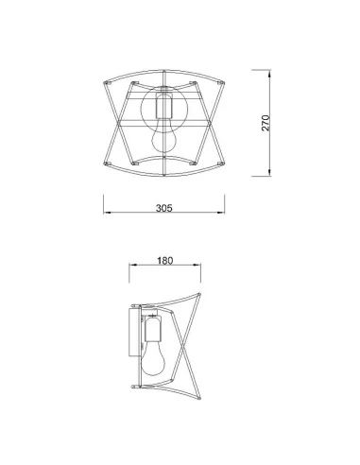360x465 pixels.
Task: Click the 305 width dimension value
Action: [x=164, y=208]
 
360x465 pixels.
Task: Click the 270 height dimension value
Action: [x=266, y=123]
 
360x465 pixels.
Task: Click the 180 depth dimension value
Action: [x=165, y=261]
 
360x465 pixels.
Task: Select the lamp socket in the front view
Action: [x=164, y=106]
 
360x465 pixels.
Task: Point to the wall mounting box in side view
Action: [x=134, y=333]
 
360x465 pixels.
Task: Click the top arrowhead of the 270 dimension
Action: [x=269, y=74]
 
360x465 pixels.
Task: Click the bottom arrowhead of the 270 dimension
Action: [x=269, y=173]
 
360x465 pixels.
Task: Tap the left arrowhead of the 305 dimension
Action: [x=107, y=213]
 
